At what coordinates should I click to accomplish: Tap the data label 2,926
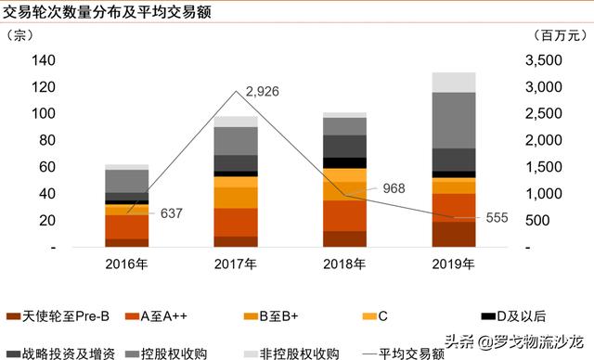click(x=260, y=92)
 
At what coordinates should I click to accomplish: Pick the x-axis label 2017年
click(x=236, y=264)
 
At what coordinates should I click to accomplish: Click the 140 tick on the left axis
click(x=44, y=60)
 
